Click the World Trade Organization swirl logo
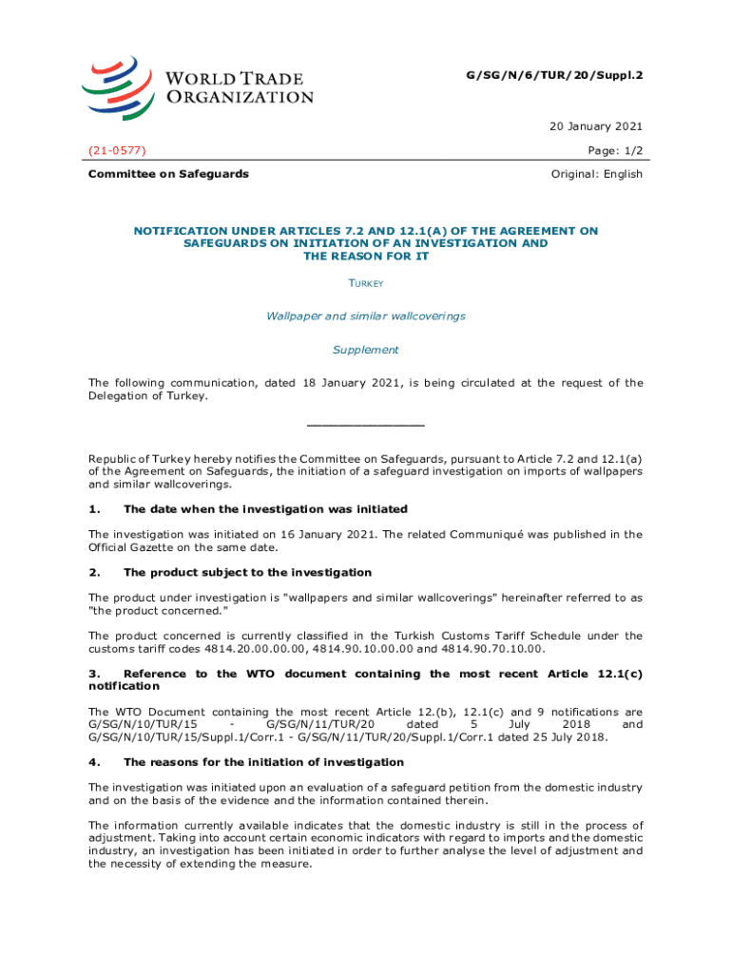(118, 83)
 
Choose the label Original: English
(597, 174)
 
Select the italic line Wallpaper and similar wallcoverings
(365, 315)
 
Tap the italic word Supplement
(365, 350)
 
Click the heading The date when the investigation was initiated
(265, 509)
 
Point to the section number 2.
(93, 572)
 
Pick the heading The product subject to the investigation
(247, 572)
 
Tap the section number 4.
(93, 762)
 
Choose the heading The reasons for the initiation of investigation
(263, 762)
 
